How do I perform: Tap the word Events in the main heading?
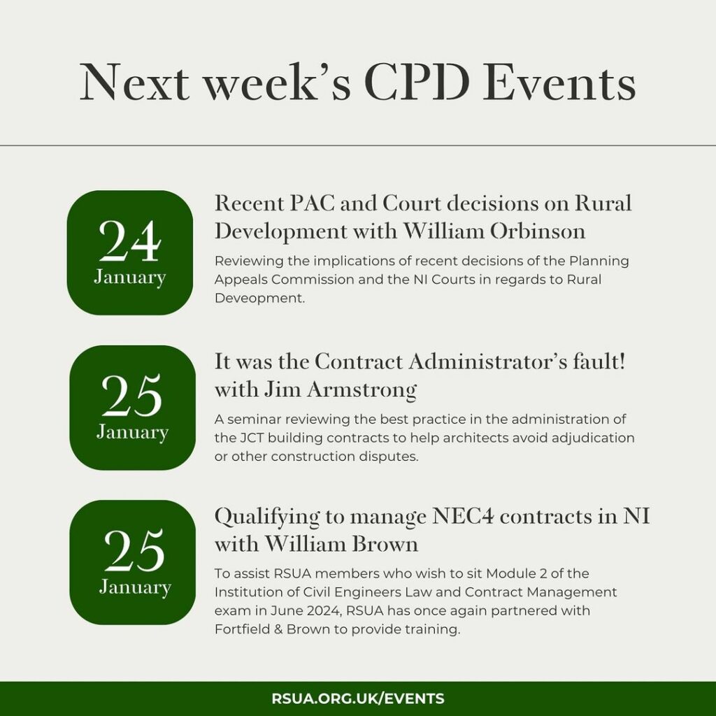(559, 83)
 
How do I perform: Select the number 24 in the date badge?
(129, 241)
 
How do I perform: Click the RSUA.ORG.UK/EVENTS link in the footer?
(357, 699)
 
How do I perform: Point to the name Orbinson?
(538, 231)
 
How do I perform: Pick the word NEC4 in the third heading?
(463, 517)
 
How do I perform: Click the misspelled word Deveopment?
(259, 298)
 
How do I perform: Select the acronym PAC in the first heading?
(311, 203)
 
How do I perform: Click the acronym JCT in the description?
(251, 438)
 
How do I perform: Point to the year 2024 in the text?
(322, 610)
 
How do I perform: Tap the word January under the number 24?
(129, 277)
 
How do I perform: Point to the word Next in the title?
(135, 83)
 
